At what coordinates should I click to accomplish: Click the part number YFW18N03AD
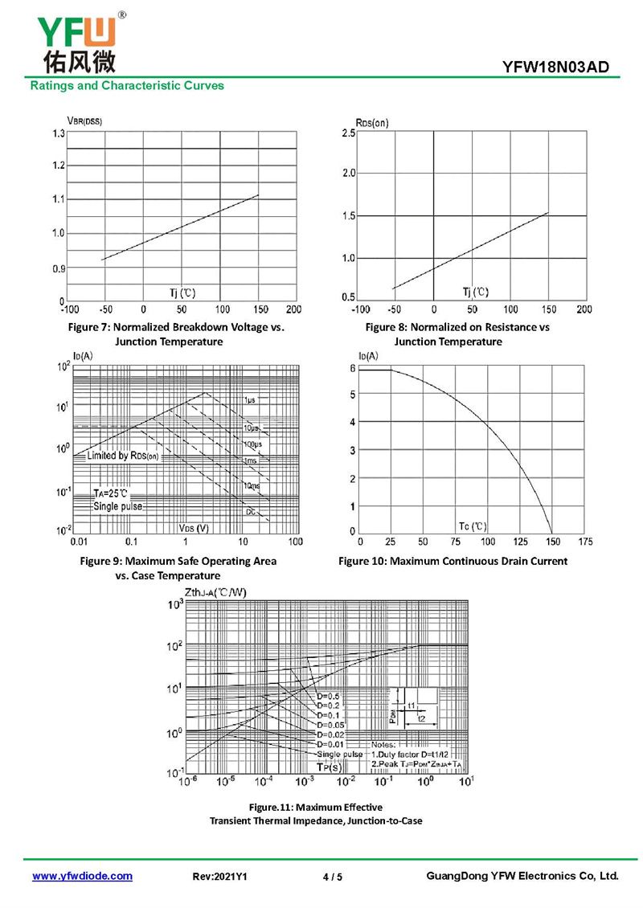[x=562, y=67]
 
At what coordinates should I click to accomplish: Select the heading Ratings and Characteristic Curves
[x=127, y=85]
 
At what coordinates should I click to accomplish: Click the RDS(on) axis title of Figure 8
[x=371, y=122]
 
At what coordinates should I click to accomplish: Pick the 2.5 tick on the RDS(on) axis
[x=348, y=133]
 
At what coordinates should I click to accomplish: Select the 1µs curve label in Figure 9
[x=250, y=399]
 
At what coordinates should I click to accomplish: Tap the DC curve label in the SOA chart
[x=251, y=511]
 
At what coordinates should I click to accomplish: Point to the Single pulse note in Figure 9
[x=117, y=506]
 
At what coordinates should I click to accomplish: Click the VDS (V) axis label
[x=192, y=528]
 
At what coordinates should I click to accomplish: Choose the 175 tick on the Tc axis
[x=585, y=542]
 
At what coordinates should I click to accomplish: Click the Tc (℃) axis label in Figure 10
[x=473, y=526]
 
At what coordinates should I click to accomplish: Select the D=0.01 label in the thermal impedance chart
[x=330, y=744]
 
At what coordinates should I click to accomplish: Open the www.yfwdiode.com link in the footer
[x=82, y=876]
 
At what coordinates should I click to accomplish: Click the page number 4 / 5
[x=332, y=877]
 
